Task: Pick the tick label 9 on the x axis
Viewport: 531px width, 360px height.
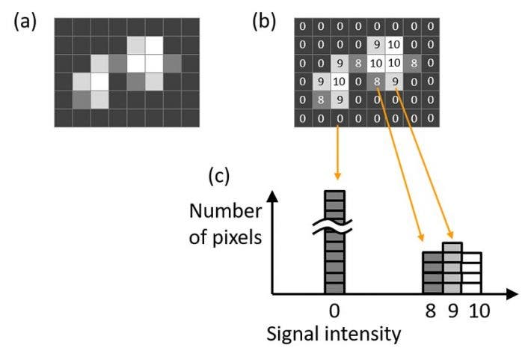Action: pos(452,309)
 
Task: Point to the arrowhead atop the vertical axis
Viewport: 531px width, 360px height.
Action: pos(273,196)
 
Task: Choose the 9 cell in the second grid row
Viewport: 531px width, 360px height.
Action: pos(377,45)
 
